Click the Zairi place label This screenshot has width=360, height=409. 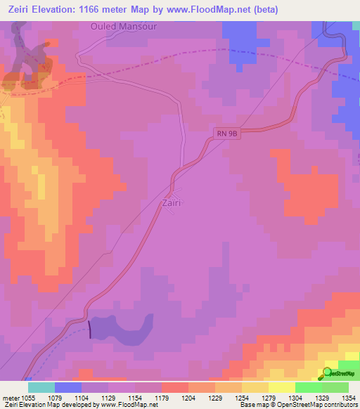[172, 203]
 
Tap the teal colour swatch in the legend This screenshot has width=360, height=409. [41, 387]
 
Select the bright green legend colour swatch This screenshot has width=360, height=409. [309, 387]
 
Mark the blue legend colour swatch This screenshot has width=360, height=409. [68, 387]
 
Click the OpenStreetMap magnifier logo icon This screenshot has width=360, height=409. [327, 372]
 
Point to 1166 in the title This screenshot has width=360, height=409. [98, 9]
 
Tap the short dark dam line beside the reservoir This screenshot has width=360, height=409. [90, 330]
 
